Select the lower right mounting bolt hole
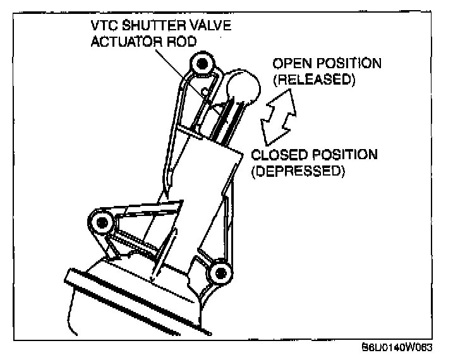click(x=219, y=273)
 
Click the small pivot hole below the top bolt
click(x=206, y=93)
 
